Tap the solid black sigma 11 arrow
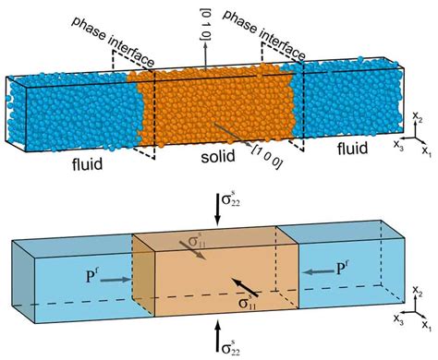[218, 281]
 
